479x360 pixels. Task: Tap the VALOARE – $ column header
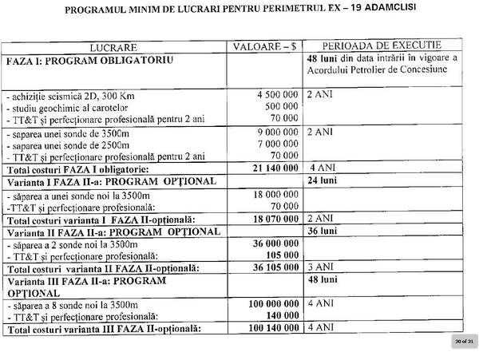click(264, 47)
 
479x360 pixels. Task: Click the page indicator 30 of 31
click(461, 341)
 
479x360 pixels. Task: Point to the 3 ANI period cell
click(319, 267)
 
